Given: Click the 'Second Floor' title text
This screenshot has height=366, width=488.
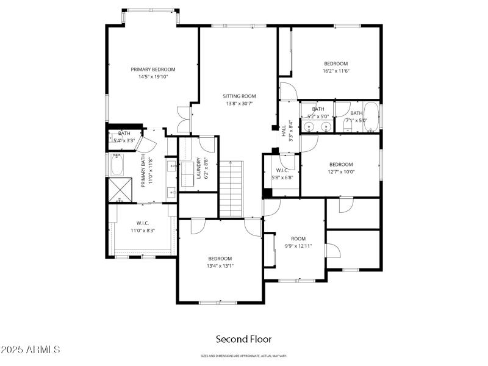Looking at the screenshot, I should pos(243,339).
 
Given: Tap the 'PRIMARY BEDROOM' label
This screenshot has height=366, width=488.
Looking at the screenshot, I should pos(153,70).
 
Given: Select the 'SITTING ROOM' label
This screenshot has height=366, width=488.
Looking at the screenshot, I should pos(239,96).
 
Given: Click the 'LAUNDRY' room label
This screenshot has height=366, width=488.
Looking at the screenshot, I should pos(198,168).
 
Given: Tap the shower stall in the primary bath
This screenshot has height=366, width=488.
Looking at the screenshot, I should pos(120,190).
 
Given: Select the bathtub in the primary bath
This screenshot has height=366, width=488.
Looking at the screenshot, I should pos(117,164).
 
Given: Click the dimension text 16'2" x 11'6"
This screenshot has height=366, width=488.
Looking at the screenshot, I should pos(335,71).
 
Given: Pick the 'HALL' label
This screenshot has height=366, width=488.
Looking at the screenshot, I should pos(284,131).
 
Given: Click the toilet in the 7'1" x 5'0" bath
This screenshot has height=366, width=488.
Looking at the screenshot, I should pos(370,129).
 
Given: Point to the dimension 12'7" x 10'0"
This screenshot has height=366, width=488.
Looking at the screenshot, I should pos(341,171).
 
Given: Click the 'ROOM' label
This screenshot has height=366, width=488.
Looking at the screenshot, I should pos(298,239).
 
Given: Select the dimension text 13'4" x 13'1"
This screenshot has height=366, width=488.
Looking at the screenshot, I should pos(220,265).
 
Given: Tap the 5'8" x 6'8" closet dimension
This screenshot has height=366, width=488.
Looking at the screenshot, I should pos(282,178).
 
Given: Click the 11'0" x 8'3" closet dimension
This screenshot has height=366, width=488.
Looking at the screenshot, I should pos(143,231).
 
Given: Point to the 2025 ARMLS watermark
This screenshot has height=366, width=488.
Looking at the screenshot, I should pos(30,350).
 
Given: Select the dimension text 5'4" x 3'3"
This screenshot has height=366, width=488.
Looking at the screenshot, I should pos(124,141).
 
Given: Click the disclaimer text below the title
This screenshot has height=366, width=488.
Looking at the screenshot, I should pos(243,356).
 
